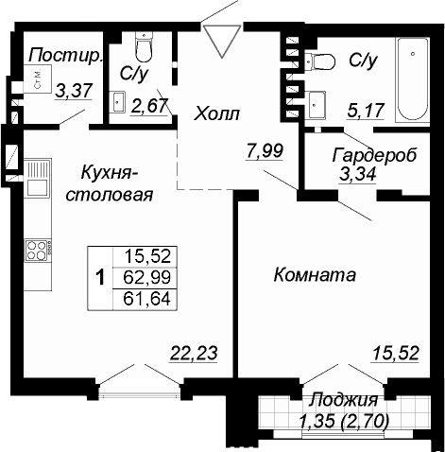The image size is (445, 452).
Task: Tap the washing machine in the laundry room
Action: coord(38,78)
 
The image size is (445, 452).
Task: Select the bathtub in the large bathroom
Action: coord(413,78)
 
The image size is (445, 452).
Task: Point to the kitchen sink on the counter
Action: coord(38,179)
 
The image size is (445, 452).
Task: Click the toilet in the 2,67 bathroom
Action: coord(144,47)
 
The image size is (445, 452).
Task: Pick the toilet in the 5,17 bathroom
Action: coord(319,61)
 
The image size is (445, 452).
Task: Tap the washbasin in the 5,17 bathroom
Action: coord(315,105)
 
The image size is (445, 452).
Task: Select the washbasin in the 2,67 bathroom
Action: coord(117,101)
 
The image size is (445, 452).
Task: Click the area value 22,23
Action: coord(194,354)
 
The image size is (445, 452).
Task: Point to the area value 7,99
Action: coord(265,151)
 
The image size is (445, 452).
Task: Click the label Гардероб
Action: coord(374,155)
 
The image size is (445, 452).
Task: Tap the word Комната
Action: coord(315,274)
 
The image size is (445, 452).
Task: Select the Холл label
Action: coord(216,113)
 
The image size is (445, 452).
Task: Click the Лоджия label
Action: coord(343,400)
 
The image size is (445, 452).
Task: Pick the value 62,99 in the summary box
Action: coord(147,277)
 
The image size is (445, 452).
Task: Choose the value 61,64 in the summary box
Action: coord(147,299)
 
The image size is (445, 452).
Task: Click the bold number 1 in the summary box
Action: coord(100,277)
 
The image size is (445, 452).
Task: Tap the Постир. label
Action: coord(66,56)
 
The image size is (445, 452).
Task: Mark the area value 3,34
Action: coord(357,174)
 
